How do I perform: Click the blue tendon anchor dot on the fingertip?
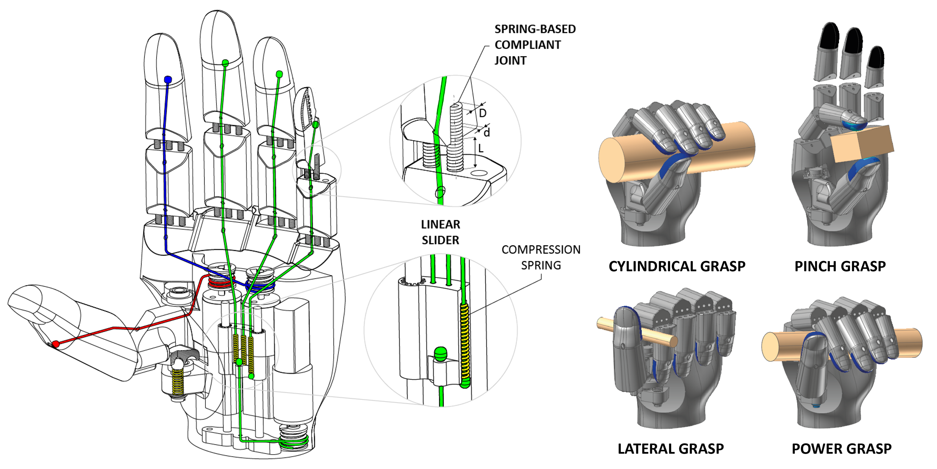pyautogui.click(x=168, y=80)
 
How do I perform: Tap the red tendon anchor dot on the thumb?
pyautogui.click(x=56, y=344)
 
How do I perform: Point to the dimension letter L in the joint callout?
pyautogui.click(x=481, y=148)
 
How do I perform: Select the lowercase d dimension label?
pyautogui.click(x=487, y=133)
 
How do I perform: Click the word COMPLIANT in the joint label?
pyautogui.click(x=527, y=45)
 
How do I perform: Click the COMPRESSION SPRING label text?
pyautogui.click(x=541, y=257)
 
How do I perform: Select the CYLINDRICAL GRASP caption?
pyautogui.click(x=677, y=266)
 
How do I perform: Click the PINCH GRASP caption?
pyautogui.click(x=840, y=266)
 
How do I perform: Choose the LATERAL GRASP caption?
pyautogui.click(x=670, y=449)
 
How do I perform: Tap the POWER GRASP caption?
pyautogui.click(x=841, y=449)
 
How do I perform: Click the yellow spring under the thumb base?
pyautogui.click(x=177, y=382)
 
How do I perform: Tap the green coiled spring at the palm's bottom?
pyautogui.click(x=294, y=440)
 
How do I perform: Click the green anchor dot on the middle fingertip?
pyautogui.click(x=225, y=63)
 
